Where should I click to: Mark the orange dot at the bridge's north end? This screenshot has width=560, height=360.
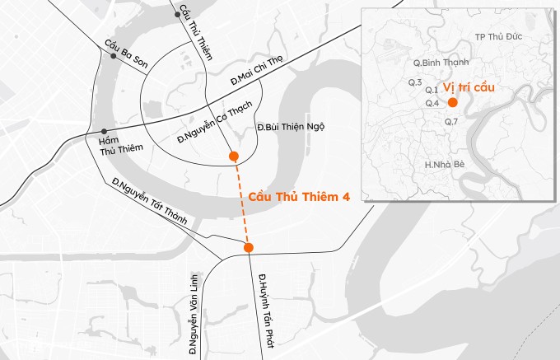(235, 156)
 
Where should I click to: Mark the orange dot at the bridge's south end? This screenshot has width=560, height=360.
(249, 247)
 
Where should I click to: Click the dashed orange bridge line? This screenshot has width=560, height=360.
(241, 202)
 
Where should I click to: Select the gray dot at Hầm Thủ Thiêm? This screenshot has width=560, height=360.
(104, 132)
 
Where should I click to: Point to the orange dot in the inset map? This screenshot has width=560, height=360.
(452, 102)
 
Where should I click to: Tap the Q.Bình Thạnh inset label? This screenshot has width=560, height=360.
(441, 63)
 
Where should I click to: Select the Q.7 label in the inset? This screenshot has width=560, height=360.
(450, 122)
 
